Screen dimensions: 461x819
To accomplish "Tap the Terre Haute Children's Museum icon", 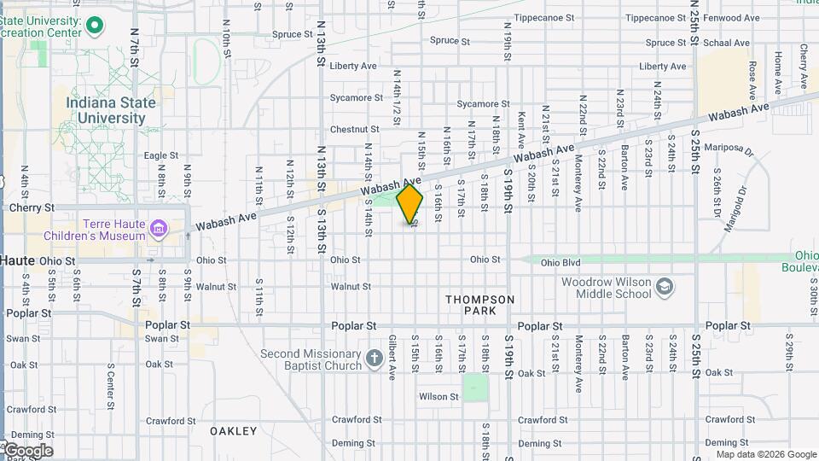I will pos(158,228).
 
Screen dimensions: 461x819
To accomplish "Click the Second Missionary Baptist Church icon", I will pos(374,359).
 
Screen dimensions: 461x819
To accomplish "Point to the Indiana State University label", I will pos(112,110).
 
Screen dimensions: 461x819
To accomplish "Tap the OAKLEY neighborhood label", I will pos(233,431).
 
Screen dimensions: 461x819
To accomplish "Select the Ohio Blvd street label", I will pos(561,260).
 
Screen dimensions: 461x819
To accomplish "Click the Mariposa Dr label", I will pos(736,150).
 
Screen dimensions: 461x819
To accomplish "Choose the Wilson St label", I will pos(439,397).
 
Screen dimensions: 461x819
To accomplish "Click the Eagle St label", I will pos(160,155).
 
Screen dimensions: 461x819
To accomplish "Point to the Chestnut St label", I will pos(348,130).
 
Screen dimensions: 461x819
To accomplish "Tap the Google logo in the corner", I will pos(27,451).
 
